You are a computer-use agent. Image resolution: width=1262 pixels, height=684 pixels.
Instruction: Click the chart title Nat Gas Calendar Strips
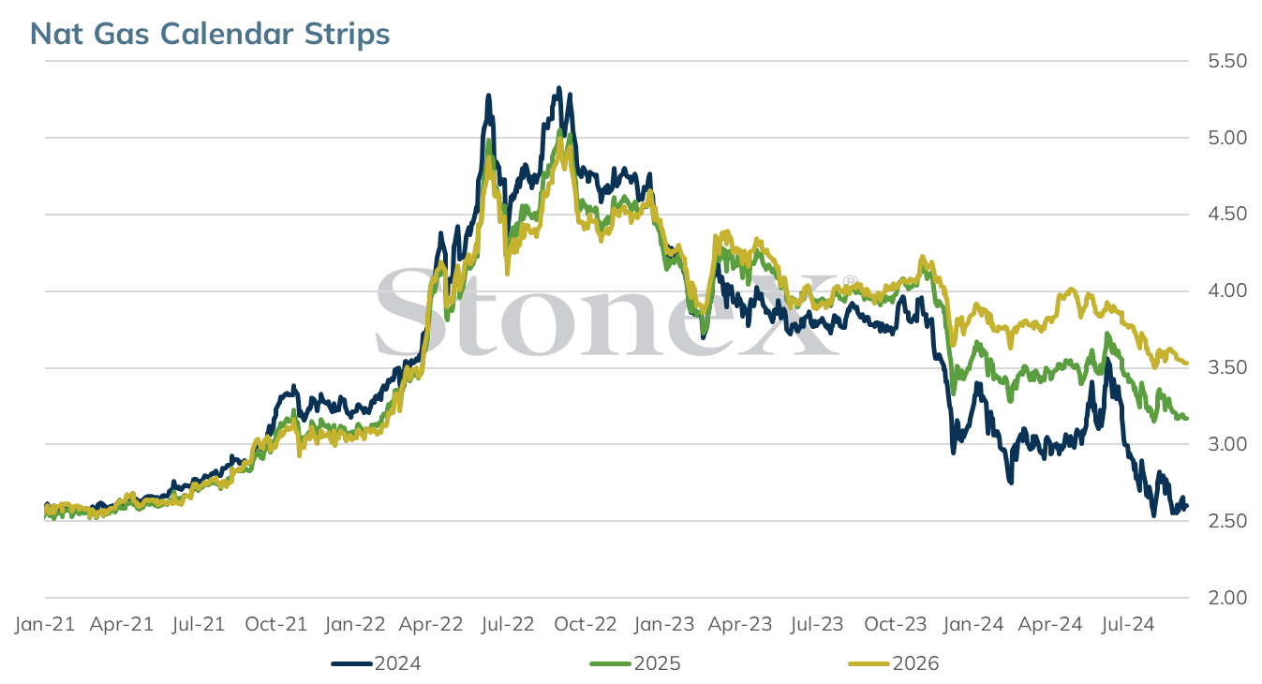(210, 34)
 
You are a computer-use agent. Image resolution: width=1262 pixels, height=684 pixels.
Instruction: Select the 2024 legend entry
(376, 663)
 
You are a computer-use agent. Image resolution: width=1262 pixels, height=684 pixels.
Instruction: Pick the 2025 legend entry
(635, 663)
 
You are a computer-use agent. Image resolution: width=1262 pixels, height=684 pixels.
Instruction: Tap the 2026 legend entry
(894, 663)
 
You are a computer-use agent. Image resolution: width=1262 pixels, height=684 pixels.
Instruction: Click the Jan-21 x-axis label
(45, 624)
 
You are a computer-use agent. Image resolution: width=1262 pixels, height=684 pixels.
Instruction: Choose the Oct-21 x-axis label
(276, 624)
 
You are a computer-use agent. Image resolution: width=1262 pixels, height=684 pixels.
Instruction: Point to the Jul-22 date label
(508, 624)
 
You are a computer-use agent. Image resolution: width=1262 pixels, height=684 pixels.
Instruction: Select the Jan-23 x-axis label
(663, 624)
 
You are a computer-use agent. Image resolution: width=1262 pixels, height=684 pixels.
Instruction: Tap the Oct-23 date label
(896, 624)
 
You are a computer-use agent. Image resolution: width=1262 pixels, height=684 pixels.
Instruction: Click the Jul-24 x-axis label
(1128, 624)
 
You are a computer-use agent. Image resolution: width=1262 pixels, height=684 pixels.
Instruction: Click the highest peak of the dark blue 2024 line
(559, 88)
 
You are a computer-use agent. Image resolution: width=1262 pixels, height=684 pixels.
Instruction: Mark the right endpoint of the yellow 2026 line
(1187, 364)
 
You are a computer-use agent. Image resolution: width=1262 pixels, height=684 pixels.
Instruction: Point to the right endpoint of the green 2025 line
(1187, 418)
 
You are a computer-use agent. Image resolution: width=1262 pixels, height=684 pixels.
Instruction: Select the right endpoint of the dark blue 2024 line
(1187, 506)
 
